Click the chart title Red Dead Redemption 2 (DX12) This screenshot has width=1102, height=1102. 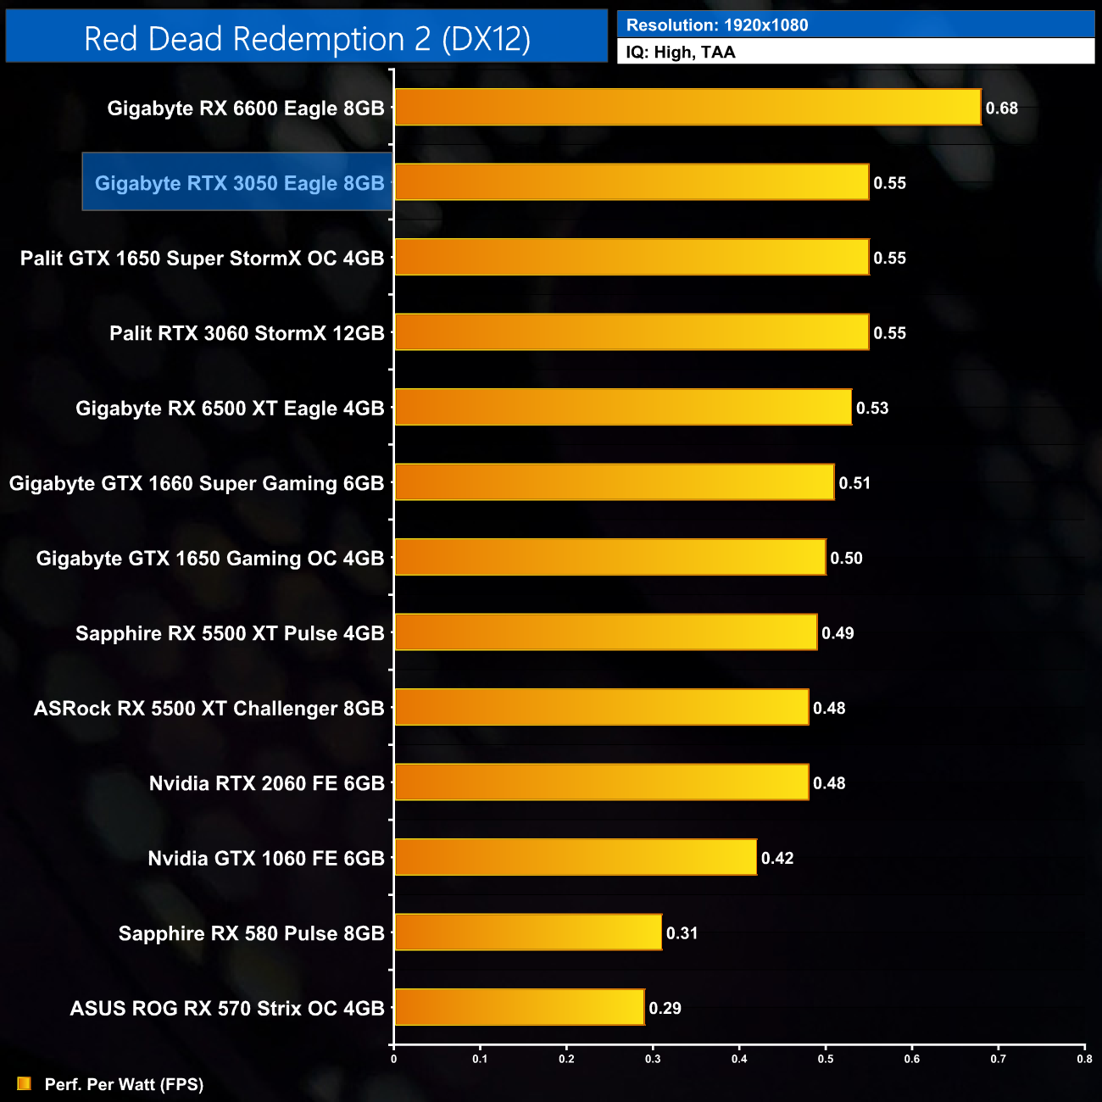tap(307, 39)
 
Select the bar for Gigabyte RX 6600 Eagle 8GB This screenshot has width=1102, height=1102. tap(687, 108)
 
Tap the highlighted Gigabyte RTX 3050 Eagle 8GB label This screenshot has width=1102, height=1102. tap(239, 183)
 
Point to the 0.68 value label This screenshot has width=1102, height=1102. tap(1001, 109)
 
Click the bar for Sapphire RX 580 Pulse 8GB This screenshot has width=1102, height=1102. tap(528, 932)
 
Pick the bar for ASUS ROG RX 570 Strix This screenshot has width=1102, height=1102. tap(520, 1007)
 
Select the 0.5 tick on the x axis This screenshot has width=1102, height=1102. tap(826, 1058)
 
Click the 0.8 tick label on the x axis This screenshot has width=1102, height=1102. tap(1084, 1058)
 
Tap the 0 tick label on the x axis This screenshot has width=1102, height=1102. tap(393, 1058)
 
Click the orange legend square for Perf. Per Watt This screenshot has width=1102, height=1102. tap(24, 1083)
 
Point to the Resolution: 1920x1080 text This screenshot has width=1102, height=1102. tap(717, 25)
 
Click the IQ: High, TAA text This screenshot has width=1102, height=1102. tap(681, 53)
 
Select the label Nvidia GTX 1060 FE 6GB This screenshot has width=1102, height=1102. tap(266, 858)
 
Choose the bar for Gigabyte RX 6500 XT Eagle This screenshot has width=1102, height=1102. tap(623, 407)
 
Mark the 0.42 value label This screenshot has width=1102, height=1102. tap(777, 858)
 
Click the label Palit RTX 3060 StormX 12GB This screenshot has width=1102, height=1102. tap(247, 333)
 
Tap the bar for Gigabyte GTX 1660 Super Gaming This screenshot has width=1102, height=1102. tap(615, 482)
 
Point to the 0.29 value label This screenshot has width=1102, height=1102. tap(665, 1008)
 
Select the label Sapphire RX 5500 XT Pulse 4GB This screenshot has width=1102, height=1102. tap(230, 633)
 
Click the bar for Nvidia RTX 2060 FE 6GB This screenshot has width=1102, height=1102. tap(602, 782)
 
